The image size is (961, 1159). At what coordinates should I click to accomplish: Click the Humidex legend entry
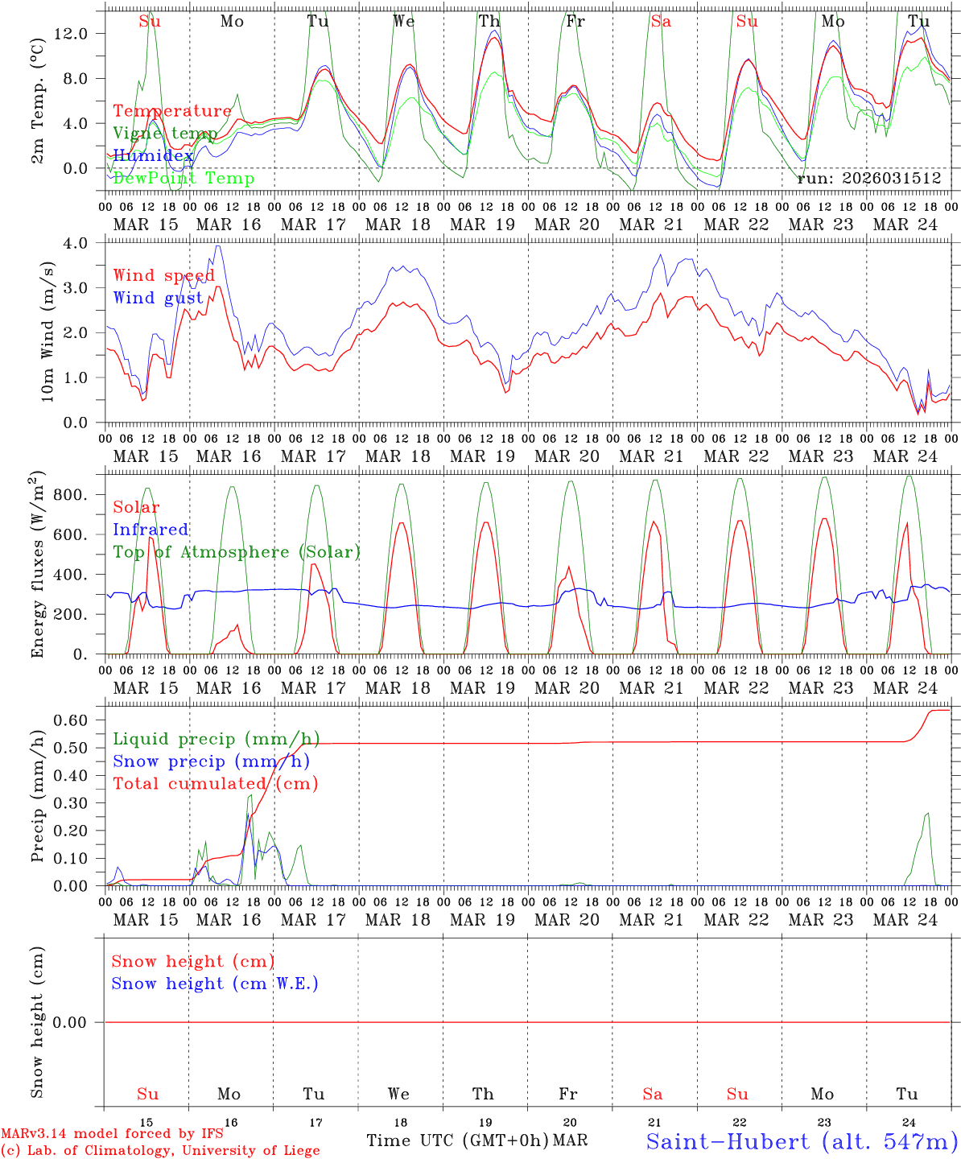(153, 156)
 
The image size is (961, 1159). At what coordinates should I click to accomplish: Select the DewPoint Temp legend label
(184, 179)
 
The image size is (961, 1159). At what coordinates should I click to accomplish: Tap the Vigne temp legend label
(165, 134)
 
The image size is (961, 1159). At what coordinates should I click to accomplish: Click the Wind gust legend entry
(158, 298)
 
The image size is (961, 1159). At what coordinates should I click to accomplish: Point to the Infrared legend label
(151, 530)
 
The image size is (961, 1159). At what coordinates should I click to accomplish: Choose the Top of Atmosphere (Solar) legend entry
(237, 552)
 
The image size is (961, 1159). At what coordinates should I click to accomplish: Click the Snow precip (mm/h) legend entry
(211, 761)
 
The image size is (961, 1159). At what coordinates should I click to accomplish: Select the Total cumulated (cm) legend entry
(215, 784)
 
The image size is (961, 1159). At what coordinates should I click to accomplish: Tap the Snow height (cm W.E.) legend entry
(215, 984)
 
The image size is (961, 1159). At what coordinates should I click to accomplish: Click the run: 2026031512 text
(868, 179)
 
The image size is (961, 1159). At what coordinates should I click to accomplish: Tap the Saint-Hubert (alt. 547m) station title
(802, 1141)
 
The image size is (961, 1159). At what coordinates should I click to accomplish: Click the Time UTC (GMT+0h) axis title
(457, 1140)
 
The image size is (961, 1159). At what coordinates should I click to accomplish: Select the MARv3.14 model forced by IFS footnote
(112, 1134)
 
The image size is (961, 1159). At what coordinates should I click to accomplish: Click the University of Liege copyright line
(160, 1151)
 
